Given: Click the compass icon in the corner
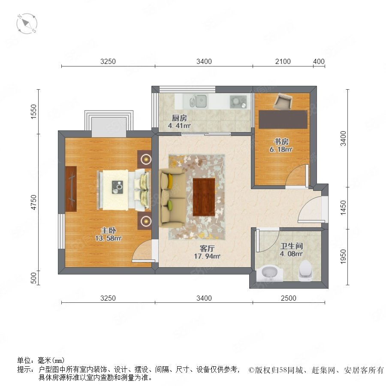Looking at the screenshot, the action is click(x=27, y=24).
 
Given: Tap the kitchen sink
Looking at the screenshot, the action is click(x=198, y=101).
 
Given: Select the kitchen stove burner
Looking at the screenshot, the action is click(x=238, y=102).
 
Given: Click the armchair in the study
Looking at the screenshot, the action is click(x=283, y=101).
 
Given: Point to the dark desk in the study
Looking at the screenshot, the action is click(x=283, y=119).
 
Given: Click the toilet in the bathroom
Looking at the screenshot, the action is click(x=306, y=271).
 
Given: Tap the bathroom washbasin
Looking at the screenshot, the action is click(x=270, y=273).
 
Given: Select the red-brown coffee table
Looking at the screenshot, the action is click(x=204, y=197).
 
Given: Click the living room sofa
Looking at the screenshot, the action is click(x=172, y=197).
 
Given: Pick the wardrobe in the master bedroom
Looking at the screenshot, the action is click(x=71, y=189).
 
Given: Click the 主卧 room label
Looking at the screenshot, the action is click(x=109, y=230).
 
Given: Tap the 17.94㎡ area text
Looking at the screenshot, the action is click(x=207, y=256).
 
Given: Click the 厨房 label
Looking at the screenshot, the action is click(x=179, y=118).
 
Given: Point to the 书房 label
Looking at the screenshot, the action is click(x=281, y=142).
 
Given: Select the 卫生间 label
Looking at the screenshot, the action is click(x=292, y=246).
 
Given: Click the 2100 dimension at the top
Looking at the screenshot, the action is click(x=283, y=61).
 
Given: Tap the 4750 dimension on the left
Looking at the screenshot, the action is click(x=33, y=202).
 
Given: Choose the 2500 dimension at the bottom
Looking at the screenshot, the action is click(x=289, y=298).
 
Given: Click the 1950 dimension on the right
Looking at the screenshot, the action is click(x=343, y=256).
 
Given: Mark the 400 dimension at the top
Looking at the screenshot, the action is click(x=319, y=61).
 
